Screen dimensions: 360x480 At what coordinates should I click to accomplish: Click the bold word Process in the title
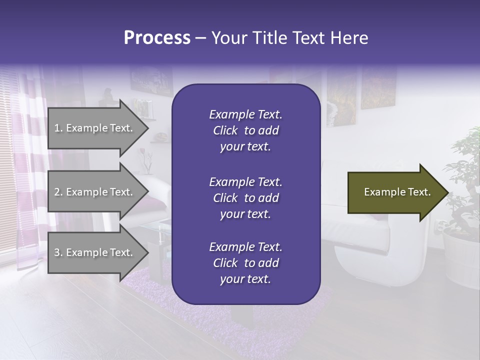point(157,38)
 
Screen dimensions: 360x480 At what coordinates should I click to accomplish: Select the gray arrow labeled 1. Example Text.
point(95,128)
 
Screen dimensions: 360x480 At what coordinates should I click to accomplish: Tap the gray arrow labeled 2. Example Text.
point(95,192)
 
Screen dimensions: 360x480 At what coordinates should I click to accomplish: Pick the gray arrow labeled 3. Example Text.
point(95,252)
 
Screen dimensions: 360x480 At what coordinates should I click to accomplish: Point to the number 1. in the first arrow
point(58,128)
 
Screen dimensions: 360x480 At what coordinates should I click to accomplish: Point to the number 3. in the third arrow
point(58,252)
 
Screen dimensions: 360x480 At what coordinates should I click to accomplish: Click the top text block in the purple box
point(245,130)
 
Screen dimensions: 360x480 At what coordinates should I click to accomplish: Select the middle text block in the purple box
point(245,197)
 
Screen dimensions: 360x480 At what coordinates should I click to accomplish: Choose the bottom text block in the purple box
point(245,263)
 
